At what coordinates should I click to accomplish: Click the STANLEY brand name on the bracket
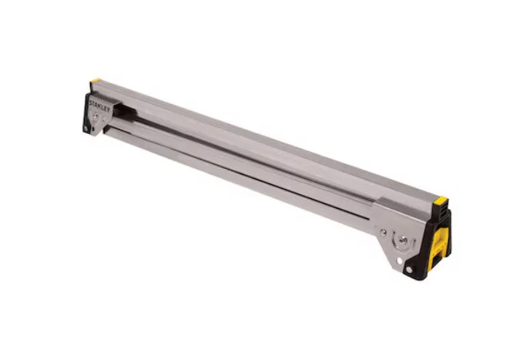tap(99, 106)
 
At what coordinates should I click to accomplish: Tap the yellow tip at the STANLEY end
tap(96, 81)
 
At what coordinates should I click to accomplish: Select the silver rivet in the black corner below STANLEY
tap(86, 129)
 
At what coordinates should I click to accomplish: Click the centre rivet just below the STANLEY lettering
tap(96, 116)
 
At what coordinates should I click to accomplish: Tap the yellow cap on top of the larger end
tap(441, 200)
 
